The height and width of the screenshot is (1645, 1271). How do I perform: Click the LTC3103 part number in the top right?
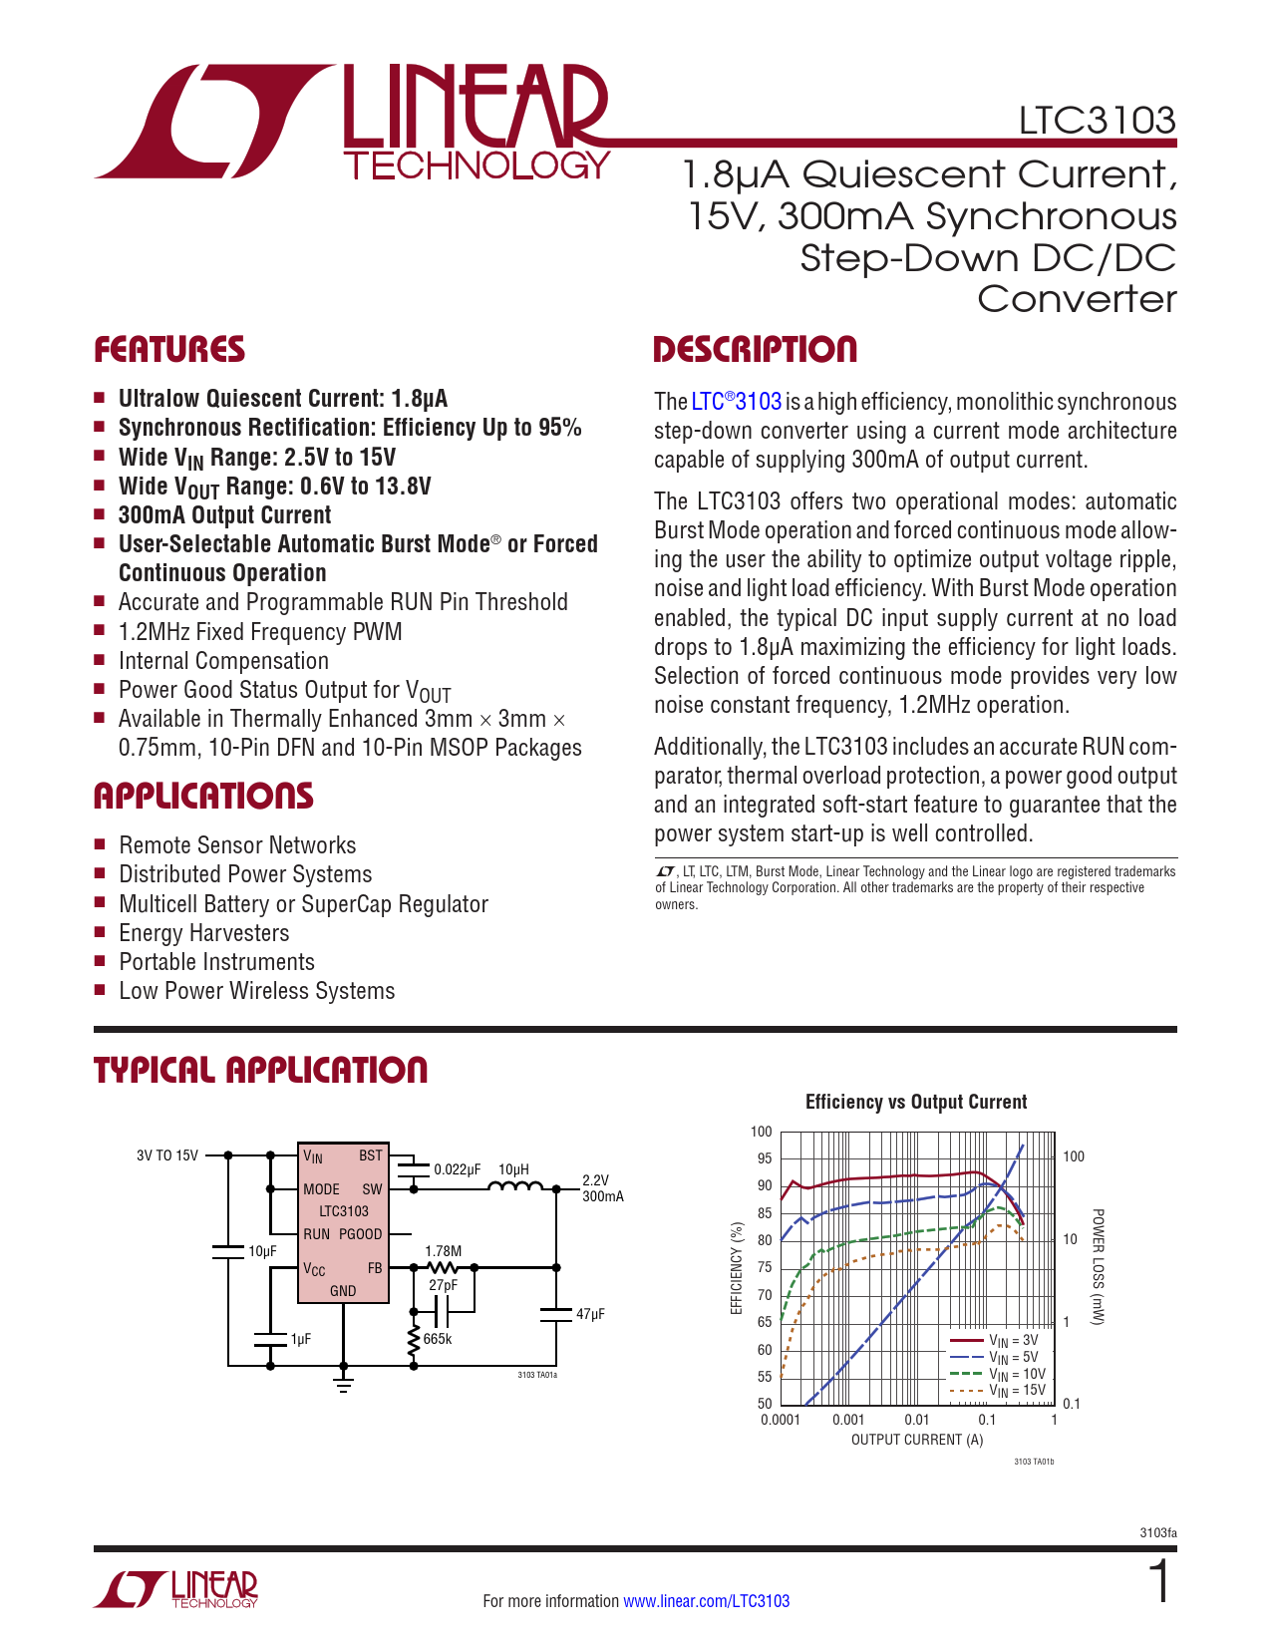pyautogui.click(x=1097, y=121)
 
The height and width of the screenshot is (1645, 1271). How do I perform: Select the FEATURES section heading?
pyautogui.click(x=169, y=350)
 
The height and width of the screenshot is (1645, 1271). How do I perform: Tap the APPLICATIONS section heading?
pyautogui.click(x=203, y=797)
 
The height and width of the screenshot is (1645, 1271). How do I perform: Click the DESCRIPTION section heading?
pyautogui.click(x=755, y=350)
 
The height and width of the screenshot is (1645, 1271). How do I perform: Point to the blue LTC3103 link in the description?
pyautogui.click(x=737, y=402)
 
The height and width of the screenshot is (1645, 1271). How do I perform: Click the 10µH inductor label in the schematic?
pyautogui.click(x=513, y=1169)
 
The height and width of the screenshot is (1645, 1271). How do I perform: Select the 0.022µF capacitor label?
pyautogui.click(x=458, y=1169)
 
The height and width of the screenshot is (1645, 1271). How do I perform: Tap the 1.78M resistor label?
pyautogui.click(x=443, y=1251)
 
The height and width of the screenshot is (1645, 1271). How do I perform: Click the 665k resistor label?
pyautogui.click(x=438, y=1339)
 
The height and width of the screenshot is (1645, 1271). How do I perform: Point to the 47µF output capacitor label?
pyautogui.click(x=590, y=1314)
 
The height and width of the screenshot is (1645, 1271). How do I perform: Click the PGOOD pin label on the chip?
pyautogui.click(x=360, y=1234)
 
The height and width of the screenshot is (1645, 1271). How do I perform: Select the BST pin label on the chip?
pyautogui.click(x=370, y=1155)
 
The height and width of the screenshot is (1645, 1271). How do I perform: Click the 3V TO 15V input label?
pyautogui.click(x=167, y=1155)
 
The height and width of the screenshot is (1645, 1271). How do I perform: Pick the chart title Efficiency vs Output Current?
pyautogui.click(x=915, y=1102)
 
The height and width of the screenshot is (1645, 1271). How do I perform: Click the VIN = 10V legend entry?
pyautogui.click(x=1016, y=1374)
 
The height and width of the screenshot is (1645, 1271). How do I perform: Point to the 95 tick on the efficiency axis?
pyautogui.click(x=764, y=1158)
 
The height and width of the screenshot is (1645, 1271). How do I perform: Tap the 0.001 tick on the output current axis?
pyautogui.click(x=848, y=1420)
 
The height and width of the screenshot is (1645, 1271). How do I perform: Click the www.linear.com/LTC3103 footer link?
pyautogui.click(x=706, y=1601)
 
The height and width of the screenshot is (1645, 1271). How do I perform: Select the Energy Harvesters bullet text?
pyautogui.click(x=204, y=933)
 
